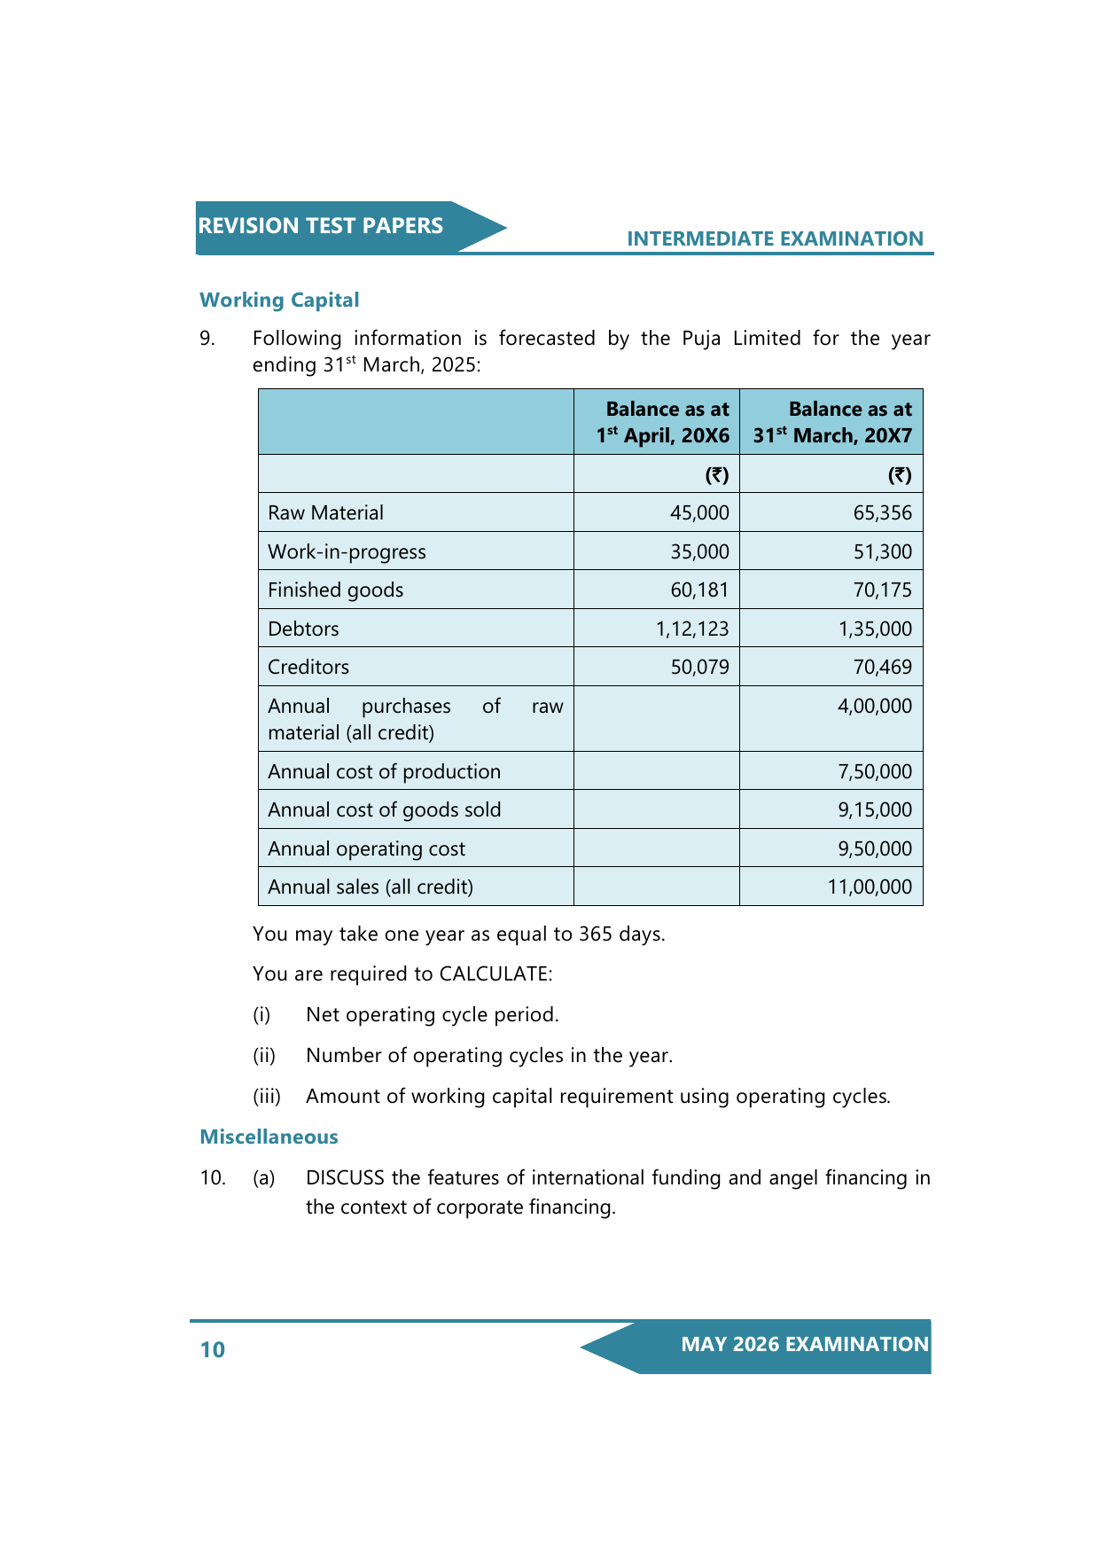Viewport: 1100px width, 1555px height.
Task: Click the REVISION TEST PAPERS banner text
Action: point(320,226)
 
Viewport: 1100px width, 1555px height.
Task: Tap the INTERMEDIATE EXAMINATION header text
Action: point(775,238)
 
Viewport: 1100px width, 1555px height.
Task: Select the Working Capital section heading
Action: point(279,300)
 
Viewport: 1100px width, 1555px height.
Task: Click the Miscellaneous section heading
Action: point(269,1137)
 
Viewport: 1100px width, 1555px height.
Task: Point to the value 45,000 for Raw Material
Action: point(699,512)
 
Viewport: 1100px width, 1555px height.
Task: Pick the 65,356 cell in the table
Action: point(882,512)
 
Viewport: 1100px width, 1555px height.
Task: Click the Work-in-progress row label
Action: point(347,551)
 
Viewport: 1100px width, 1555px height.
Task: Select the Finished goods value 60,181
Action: point(699,590)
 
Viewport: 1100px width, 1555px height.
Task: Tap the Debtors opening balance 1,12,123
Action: point(692,629)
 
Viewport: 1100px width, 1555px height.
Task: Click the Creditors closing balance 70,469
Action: point(882,667)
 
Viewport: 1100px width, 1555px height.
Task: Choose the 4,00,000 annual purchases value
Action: point(874,706)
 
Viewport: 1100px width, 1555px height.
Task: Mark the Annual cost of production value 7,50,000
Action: point(874,771)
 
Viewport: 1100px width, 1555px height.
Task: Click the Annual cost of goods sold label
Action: point(384,809)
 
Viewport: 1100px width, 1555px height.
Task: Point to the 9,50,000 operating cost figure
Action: point(874,848)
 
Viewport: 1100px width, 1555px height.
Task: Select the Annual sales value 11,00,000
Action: point(869,887)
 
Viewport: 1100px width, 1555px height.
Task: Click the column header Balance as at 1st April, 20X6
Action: point(663,422)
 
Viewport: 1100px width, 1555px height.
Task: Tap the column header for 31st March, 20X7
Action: point(832,422)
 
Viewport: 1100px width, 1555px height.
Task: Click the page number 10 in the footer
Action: point(213,1349)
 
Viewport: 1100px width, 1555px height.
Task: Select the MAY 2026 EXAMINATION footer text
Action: point(804,1344)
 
